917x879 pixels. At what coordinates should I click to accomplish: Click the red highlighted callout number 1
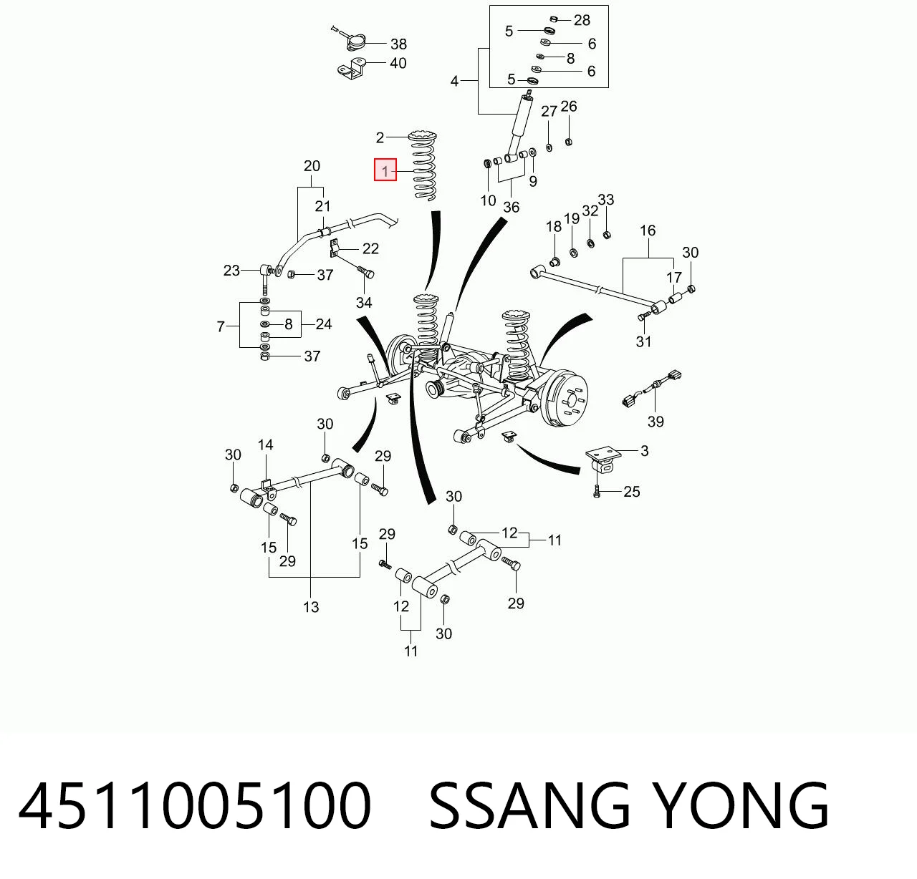[x=385, y=170]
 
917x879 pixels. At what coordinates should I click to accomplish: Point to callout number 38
[x=398, y=44]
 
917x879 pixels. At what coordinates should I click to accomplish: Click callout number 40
[x=398, y=63]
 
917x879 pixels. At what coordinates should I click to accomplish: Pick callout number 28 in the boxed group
[x=582, y=20]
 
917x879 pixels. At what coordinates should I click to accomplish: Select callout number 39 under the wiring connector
[x=656, y=422]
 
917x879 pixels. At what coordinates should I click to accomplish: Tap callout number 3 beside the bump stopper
[x=644, y=450]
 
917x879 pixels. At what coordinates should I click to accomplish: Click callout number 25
[x=632, y=492]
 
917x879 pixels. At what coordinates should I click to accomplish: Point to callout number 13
[x=311, y=607]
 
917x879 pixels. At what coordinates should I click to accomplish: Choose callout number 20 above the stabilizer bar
[x=312, y=166]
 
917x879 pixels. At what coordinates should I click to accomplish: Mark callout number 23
[x=231, y=271]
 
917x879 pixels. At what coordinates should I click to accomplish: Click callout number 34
[x=364, y=302]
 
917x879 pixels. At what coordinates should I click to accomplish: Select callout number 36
[x=512, y=207]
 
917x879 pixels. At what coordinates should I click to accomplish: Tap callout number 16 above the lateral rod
[x=648, y=230]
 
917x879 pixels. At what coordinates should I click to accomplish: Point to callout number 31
[x=643, y=341]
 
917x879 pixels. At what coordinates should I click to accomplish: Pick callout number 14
[x=265, y=445]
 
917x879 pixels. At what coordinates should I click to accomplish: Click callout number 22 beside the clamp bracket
[x=370, y=248]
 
